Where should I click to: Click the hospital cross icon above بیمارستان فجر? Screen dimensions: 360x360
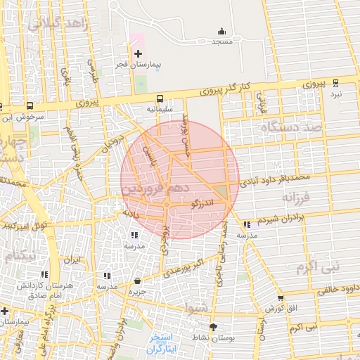point(138,53)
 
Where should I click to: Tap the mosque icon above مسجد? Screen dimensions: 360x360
point(222,31)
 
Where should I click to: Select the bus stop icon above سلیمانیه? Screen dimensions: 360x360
point(160,99)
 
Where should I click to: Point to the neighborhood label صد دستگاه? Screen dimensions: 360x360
point(290,127)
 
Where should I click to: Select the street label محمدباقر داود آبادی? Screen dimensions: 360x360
point(274,174)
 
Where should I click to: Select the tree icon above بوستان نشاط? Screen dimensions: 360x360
point(214,326)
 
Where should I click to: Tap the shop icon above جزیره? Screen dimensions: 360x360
point(137,281)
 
